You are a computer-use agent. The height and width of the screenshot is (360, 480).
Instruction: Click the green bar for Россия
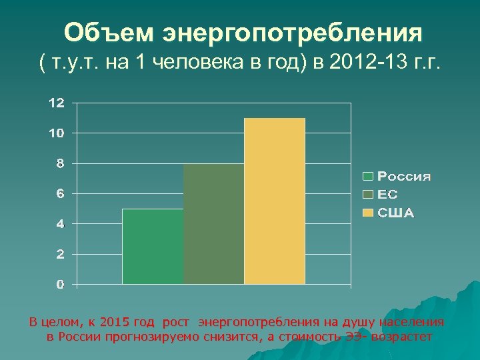[153, 247]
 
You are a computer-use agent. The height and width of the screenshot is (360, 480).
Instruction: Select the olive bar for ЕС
[213, 224]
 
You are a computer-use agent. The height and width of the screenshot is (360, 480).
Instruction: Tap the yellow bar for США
[275, 201]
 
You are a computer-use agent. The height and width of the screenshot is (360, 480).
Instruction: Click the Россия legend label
[404, 177]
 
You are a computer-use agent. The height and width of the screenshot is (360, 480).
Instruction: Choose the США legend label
[396, 213]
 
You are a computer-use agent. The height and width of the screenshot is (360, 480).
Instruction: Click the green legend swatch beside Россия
[367, 177]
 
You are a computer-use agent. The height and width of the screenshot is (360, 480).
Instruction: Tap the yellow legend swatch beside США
[367, 213]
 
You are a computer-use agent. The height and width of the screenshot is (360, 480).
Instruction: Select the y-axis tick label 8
[60, 163]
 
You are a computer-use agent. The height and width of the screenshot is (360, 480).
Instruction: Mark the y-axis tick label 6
[60, 194]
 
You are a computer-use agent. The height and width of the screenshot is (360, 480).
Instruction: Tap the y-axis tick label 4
[60, 224]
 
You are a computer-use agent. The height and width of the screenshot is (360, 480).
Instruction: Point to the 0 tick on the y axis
[60, 285]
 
